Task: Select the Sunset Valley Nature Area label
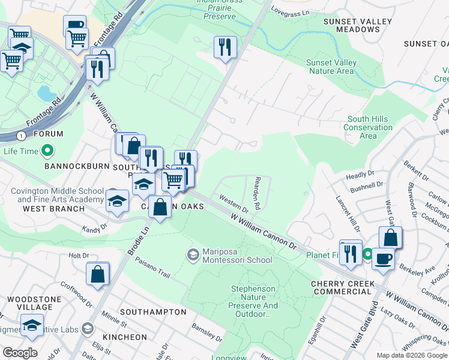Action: coord(331,67)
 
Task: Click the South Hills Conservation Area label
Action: coord(369,127)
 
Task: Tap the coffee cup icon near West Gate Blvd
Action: coord(383,259)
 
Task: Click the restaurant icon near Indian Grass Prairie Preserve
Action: coord(225,47)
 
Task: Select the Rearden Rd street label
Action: coord(257,193)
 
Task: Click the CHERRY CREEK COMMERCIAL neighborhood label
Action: coord(343,287)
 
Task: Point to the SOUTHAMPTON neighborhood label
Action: coord(153,312)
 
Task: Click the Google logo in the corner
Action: coord(20,353)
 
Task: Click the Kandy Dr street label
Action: coord(95,227)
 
